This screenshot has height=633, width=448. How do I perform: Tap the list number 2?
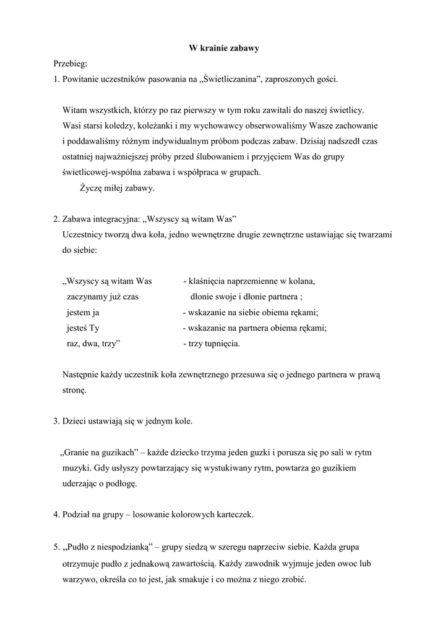(56, 219)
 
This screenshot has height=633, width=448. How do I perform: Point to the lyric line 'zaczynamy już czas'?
(103, 297)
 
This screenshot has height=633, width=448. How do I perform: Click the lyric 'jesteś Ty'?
(83, 328)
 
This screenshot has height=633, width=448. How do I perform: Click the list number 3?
(56, 422)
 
